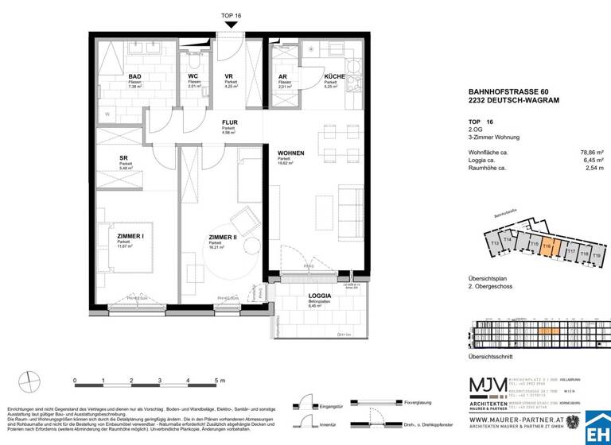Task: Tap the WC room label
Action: pos(193,77)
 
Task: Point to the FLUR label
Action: pos(230,123)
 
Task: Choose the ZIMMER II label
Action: pos(223,237)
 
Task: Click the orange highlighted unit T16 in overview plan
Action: pos(547,246)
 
